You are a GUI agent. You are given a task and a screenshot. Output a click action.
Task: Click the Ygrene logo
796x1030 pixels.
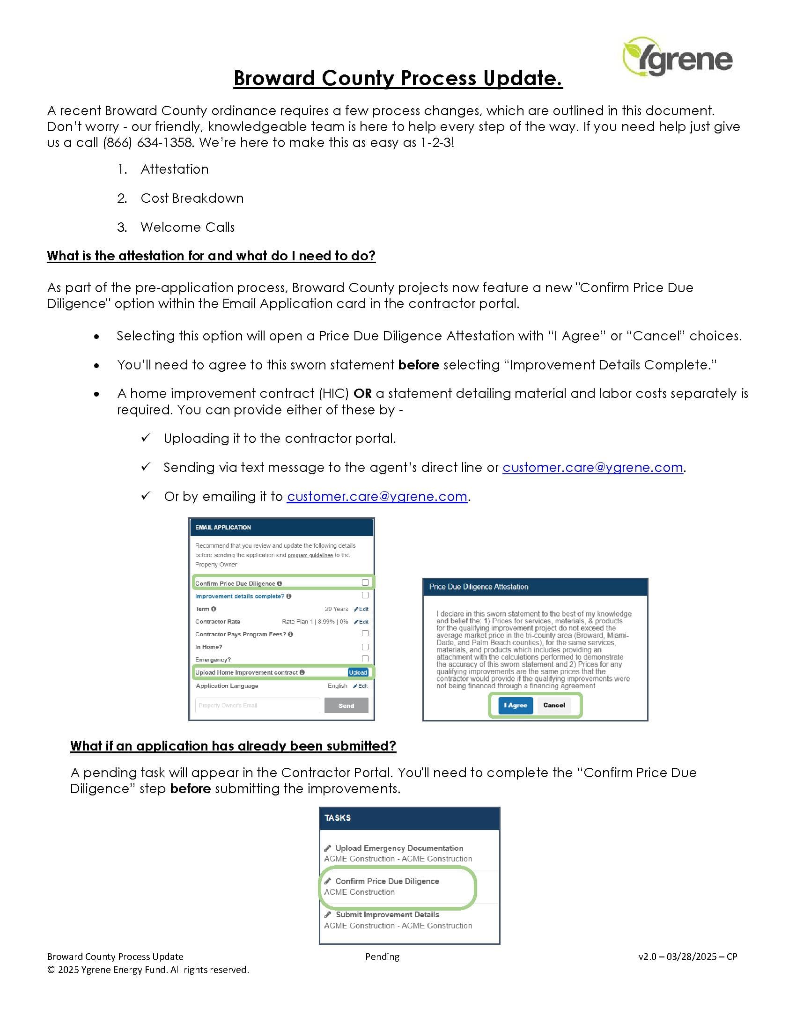[x=677, y=57]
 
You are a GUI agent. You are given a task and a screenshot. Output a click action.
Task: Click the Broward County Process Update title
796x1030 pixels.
[x=398, y=78]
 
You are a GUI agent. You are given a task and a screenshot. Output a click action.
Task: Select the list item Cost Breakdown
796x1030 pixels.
[x=192, y=198]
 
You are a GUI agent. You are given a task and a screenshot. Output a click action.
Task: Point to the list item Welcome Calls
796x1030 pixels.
[x=187, y=228]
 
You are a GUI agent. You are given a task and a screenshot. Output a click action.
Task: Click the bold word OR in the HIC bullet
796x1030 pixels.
[x=362, y=393]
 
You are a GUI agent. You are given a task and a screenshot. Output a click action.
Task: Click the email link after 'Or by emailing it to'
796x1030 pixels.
[x=377, y=496]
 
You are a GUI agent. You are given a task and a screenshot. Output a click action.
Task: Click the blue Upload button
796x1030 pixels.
[x=357, y=672]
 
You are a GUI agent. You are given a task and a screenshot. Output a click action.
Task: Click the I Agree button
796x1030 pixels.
[x=515, y=705]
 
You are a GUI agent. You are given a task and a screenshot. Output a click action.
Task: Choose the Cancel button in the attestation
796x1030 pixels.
[x=553, y=705]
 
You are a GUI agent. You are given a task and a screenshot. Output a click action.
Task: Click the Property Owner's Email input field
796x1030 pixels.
[x=258, y=706]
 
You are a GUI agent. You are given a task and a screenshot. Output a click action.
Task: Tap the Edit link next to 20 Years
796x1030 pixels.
[x=361, y=609]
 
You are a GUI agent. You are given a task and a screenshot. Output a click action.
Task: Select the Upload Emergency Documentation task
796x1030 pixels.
[x=399, y=848]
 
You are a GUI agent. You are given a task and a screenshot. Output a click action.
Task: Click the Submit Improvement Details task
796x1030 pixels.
[x=387, y=914]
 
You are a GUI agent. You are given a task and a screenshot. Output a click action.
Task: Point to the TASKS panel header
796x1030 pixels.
[x=409, y=818]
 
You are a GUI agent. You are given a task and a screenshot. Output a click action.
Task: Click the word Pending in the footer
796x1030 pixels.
[x=382, y=956]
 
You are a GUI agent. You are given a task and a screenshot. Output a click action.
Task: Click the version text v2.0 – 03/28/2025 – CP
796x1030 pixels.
[x=687, y=956]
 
